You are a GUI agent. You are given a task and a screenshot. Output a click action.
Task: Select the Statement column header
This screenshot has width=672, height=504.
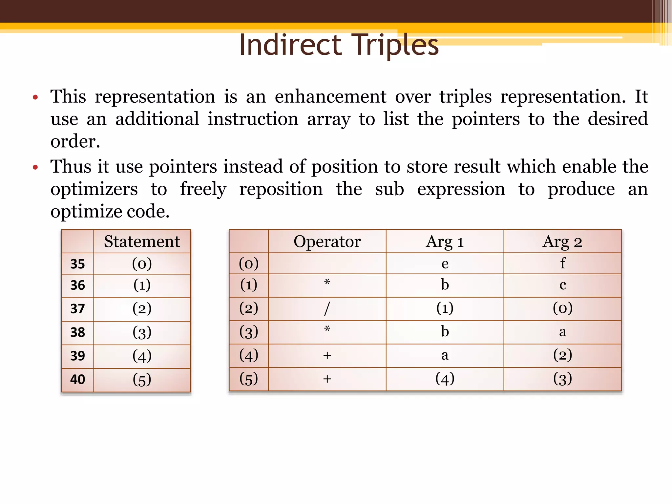click(x=142, y=242)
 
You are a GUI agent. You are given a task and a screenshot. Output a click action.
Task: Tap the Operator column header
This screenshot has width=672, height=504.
click(x=327, y=242)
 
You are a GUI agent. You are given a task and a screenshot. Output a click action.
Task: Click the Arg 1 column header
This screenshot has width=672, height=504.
click(x=445, y=242)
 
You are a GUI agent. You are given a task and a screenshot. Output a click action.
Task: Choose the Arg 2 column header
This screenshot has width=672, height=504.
click(x=562, y=242)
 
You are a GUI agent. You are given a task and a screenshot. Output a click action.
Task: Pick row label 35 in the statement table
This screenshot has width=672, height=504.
click(x=77, y=264)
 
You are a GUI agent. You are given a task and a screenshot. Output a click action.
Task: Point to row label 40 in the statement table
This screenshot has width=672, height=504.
click(x=77, y=380)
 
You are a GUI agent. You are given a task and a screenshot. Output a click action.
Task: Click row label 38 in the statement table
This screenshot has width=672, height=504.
click(x=77, y=332)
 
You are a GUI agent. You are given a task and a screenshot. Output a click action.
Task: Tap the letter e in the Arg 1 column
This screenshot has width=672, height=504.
click(x=445, y=264)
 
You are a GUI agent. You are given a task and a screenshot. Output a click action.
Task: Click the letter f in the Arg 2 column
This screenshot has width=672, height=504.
click(x=562, y=263)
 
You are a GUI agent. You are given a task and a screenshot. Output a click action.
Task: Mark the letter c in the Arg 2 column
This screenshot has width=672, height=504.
click(x=562, y=285)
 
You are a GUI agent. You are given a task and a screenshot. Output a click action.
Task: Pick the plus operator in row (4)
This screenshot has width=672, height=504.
click(x=327, y=356)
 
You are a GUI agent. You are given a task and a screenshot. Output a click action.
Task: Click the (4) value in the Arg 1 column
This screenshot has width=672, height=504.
click(x=445, y=379)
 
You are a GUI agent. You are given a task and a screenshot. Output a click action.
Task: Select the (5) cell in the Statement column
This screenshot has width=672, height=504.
click(x=142, y=380)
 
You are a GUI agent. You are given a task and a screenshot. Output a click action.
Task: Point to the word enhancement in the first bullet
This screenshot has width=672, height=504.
click(x=330, y=97)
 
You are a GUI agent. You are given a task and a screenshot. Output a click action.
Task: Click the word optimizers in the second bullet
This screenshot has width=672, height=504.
click(x=94, y=189)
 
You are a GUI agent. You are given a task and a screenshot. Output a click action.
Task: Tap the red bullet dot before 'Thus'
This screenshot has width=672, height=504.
click(x=35, y=168)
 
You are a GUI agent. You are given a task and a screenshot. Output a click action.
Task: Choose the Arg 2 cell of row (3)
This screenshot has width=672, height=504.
click(x=562, y=332)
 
